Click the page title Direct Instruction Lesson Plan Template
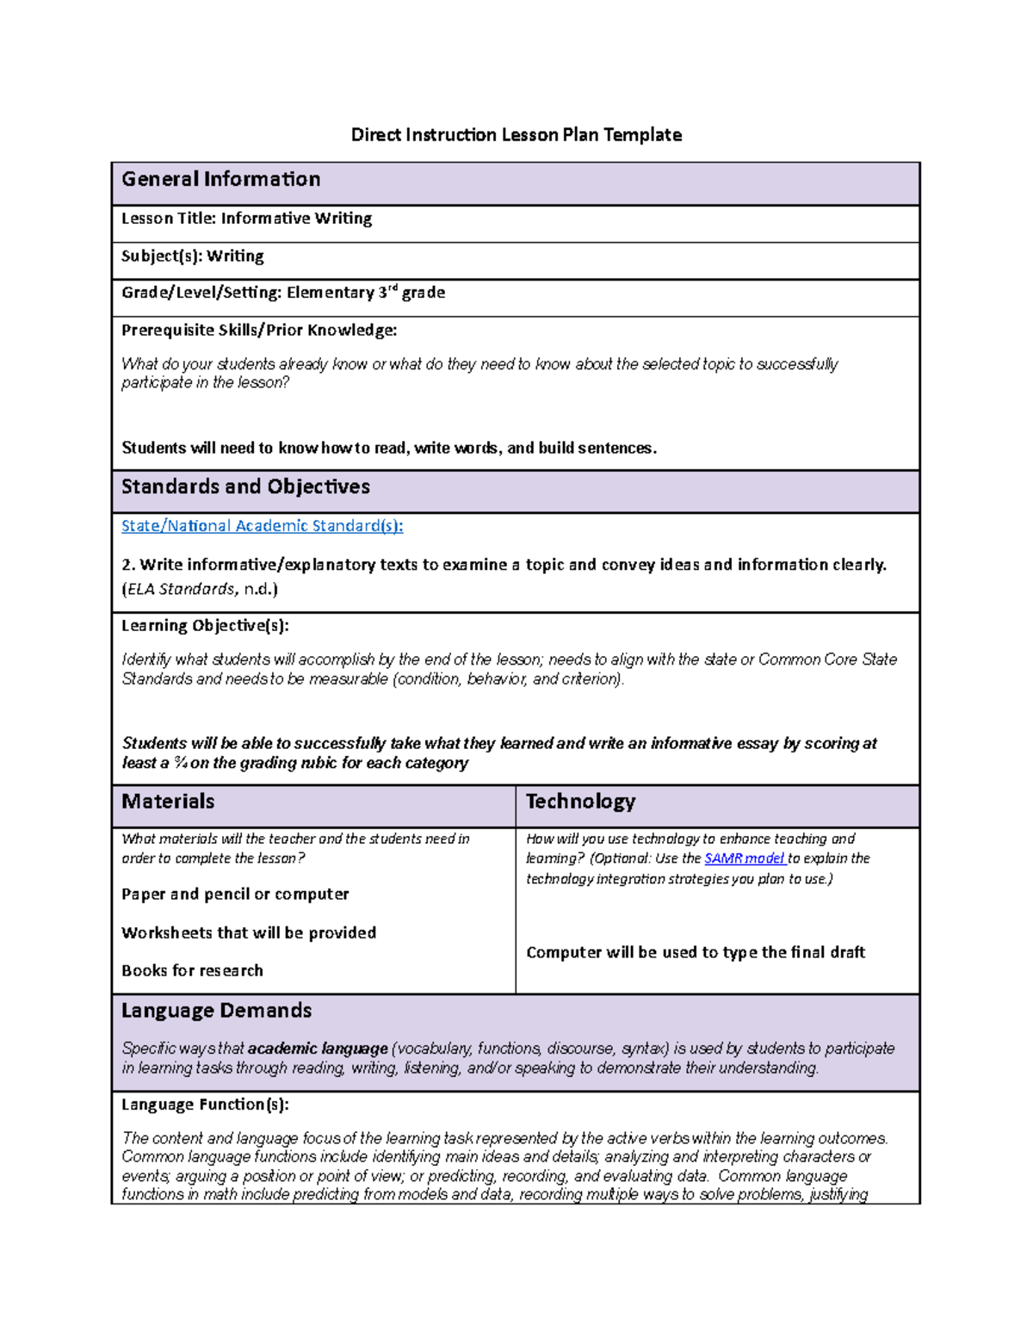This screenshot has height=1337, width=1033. pos(516,135)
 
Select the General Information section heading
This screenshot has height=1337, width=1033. pos(221,179)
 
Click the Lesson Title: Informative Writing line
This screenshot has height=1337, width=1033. pos(247,219)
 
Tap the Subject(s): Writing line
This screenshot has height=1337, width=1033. pos(193,257)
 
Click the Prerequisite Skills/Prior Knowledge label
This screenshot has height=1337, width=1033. pos(259,331)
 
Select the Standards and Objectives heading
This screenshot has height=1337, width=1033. pos(245,487)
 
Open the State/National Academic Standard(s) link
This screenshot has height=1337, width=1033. pos(262,526)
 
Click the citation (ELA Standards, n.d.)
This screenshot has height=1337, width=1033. pos(200,590)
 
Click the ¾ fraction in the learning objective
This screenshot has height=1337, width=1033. pos(180,763)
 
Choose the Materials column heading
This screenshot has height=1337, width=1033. pos(168,802)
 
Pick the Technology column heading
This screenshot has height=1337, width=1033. pos(580,802)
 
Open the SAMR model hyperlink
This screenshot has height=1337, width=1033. pos(745,858)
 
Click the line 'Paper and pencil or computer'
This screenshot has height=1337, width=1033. pos(235,894)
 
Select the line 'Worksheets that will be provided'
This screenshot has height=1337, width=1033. pos(249,933)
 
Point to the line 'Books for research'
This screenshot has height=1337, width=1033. pos(192,971)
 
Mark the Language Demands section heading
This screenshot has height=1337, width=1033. pos(216,1011)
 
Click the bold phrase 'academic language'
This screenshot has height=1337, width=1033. pos(318,1049)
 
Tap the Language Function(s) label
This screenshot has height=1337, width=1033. pos(205,1105)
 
